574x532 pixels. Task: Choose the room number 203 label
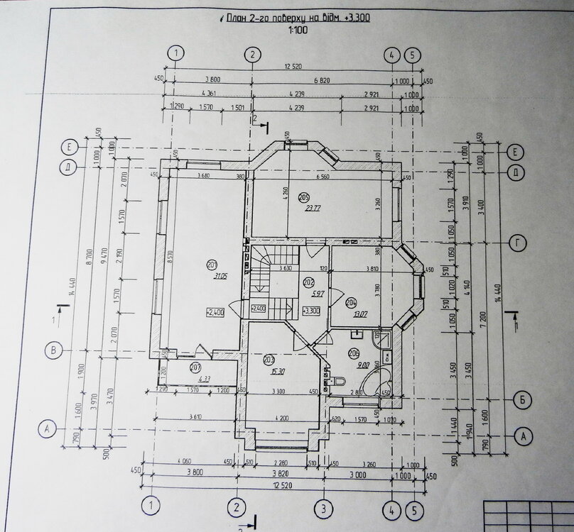coord(269,360)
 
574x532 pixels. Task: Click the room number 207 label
coord(195,367)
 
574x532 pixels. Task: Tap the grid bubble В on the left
coord(50,349)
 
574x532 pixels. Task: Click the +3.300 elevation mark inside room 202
coord(310,310)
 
